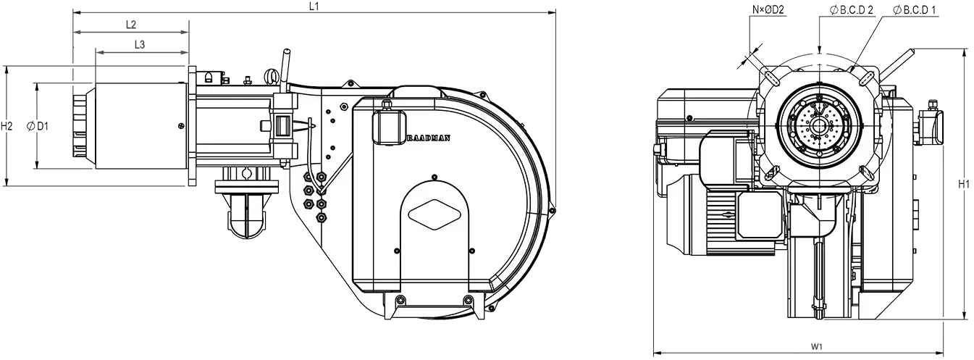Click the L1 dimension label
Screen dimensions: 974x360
pyautogui.click(x=314, y=6)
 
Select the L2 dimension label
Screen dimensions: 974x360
pyautogui.click(x=131, y=25)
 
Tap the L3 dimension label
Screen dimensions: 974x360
pyautogui.click(x=140, y=44)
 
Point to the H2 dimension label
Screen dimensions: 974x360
pyautogui.click(x=7, y=126)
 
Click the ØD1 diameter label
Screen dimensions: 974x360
pyautogui.click(x=38, y=127)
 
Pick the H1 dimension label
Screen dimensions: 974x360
pyautogui.click(x=964, y=184)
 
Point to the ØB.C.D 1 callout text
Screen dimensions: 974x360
pyautogui.click(x=915, y=10)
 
